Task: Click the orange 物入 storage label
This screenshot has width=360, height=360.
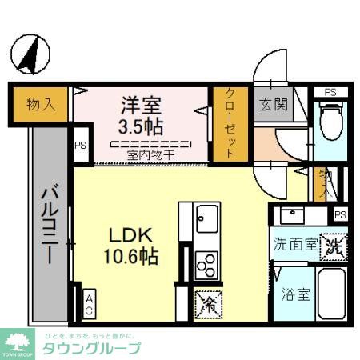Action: coord(39,103)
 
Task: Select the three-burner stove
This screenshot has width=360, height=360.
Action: coord(206,263)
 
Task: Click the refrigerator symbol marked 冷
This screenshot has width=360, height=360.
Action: coord(206,303)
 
